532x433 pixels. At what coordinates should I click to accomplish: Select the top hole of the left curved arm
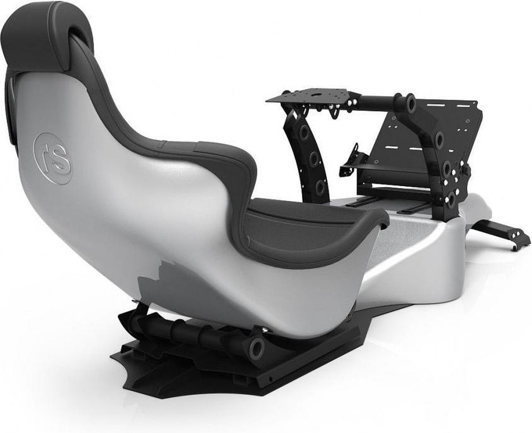pyautogui.click(x=304, y=133)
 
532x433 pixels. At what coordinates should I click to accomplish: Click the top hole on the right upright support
pyautogui.click(x=439, y=140)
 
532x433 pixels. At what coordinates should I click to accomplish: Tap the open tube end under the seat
pyautogui.click(x=256, y=348)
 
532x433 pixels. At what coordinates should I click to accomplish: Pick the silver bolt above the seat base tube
pyautogui.click(x=264, y=329)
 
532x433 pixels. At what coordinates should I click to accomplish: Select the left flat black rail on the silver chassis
pyautogui.click(x=361, y=203)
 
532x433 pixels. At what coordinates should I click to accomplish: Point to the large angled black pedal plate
pyautogui.click(x=426, y=146)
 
